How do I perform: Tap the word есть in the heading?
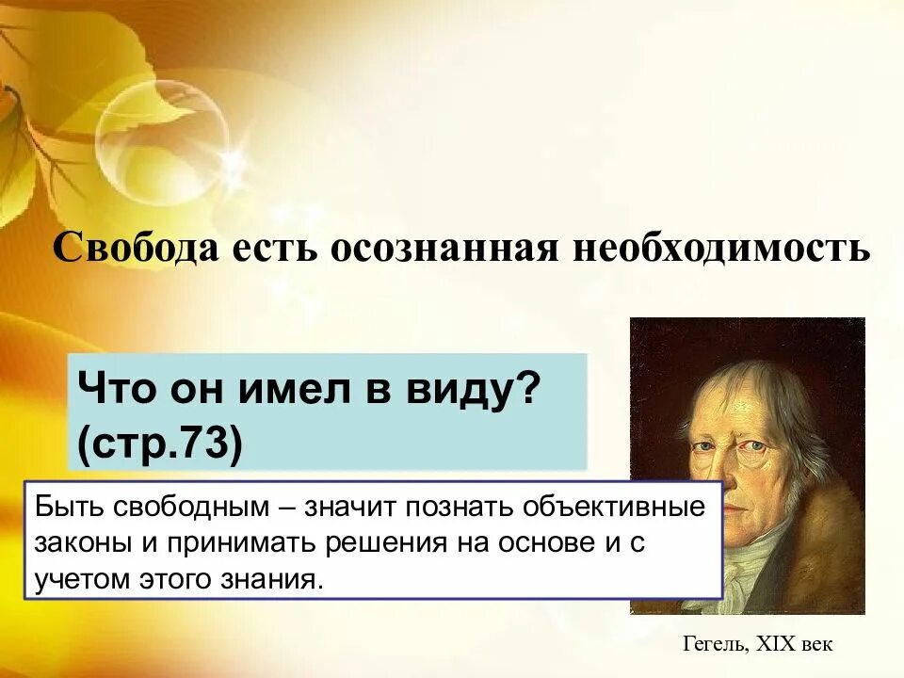coord(260,249)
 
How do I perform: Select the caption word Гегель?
coord(714,644)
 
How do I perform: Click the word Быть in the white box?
coord(65,508)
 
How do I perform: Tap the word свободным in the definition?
coord(189,508)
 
